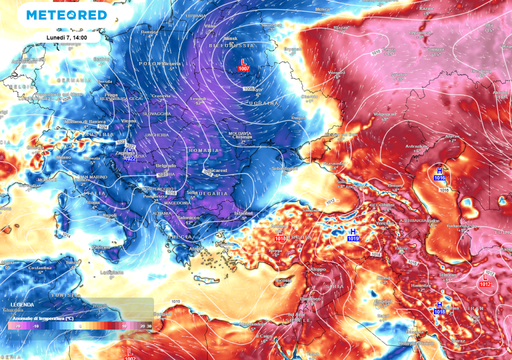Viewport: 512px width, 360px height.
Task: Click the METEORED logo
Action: pyautogui.click(x=66, y=15)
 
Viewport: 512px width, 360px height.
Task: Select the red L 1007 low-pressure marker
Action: pyautogui.click(x=244, y=64)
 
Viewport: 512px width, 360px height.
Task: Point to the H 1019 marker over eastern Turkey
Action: pyautogui.click(x=353, y=235)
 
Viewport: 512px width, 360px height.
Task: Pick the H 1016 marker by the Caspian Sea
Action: pyautogui.click(x=439, y=174)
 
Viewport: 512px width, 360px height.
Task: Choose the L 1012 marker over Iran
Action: pyautogui.click(x=484, y=280)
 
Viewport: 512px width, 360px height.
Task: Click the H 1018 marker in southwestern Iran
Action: pyautogui.click(x=439, y=308)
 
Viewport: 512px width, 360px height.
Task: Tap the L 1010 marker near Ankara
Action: pyautogui.click(x=280, y=235)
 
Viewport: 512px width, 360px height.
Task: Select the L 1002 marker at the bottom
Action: pyautogui.click(x=130, y=354)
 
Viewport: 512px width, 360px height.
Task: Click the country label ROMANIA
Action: pyautogui.click(x=203, y=150)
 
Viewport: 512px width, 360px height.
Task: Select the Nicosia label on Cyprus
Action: pyautogui.click(x=283, y=280)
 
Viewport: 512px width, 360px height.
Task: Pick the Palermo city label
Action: pyautogui.click(x=100, y=247)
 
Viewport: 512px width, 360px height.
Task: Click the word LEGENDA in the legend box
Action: pyautogui.click(x=22, y=304)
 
